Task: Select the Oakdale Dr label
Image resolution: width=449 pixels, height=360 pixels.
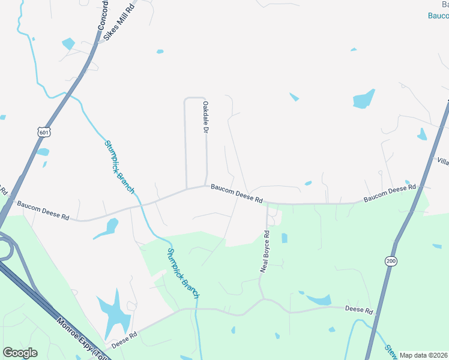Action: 205,117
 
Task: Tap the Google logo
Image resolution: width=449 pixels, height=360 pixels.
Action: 20,353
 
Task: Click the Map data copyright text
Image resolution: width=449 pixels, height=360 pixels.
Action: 424,355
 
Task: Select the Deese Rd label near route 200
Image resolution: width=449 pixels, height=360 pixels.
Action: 360,310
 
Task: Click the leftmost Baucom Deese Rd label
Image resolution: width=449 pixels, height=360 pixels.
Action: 43,209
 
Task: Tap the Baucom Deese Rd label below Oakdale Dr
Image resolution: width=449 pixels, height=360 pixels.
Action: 237,193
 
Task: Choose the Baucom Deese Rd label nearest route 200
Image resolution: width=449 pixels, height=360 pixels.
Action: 390,193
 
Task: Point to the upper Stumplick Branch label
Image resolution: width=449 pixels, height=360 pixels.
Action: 119,166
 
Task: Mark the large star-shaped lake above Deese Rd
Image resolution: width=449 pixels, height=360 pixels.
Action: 113,313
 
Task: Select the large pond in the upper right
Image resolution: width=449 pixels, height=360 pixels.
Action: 364,98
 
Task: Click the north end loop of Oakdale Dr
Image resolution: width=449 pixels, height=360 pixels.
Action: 195,98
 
